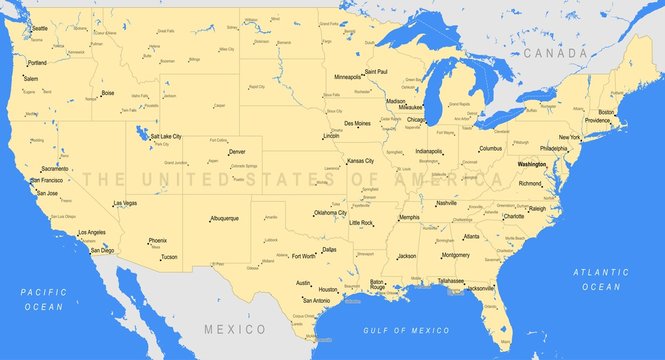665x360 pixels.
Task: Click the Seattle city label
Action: point(40,29)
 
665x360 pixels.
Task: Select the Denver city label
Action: point(237,152)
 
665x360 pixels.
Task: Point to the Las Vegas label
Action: point(126,203)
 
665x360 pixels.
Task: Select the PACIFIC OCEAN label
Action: point(45,299)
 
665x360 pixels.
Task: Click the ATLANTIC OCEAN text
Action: point(601,279)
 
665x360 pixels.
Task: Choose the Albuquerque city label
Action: point(224,217)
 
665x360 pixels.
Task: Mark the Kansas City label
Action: point(360,160)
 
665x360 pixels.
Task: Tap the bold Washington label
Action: point(532,163)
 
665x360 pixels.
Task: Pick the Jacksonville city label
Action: point(481,288)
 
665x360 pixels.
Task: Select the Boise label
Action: point(108,93)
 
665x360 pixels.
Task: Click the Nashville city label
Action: point(446,203)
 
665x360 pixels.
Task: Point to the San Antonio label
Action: point(316,300)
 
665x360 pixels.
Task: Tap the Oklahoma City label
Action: point(330,213)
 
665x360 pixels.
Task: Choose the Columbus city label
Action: point(490,148)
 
